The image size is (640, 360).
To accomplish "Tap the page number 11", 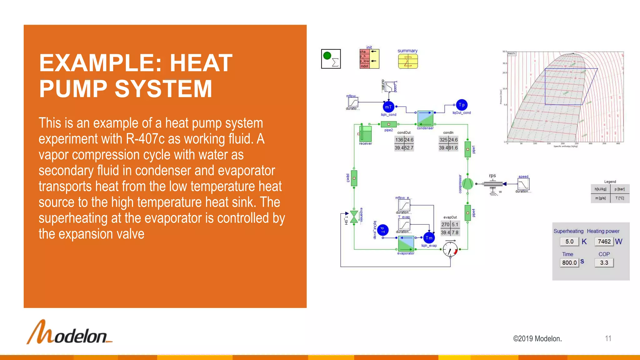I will [608, 338].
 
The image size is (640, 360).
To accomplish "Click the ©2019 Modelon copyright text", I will [537, 339].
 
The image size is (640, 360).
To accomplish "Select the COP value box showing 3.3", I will [604, 263].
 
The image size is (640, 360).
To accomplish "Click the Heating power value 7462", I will [604, 242].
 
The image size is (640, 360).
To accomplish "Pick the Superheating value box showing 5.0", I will [569, 242].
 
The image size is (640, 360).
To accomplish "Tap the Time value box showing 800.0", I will [569, 263].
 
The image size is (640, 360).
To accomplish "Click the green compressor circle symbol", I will [467, 184].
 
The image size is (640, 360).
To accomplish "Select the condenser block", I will [425, 118].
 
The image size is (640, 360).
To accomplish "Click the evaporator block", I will [406, 244].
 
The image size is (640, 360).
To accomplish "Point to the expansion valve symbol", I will [354, 217].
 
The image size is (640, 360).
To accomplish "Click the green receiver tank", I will [365, 134].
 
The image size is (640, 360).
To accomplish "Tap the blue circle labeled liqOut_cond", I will [462, 105].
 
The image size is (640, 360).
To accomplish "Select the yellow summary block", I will [408, 61].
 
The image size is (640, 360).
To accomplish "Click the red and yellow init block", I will [369, 59].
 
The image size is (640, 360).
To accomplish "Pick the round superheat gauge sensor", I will [450, 249].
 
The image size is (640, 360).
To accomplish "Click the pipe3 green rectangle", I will [354, 178].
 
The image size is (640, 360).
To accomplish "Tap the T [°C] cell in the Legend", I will [619, 198].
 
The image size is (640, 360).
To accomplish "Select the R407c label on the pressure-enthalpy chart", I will [512, 54].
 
